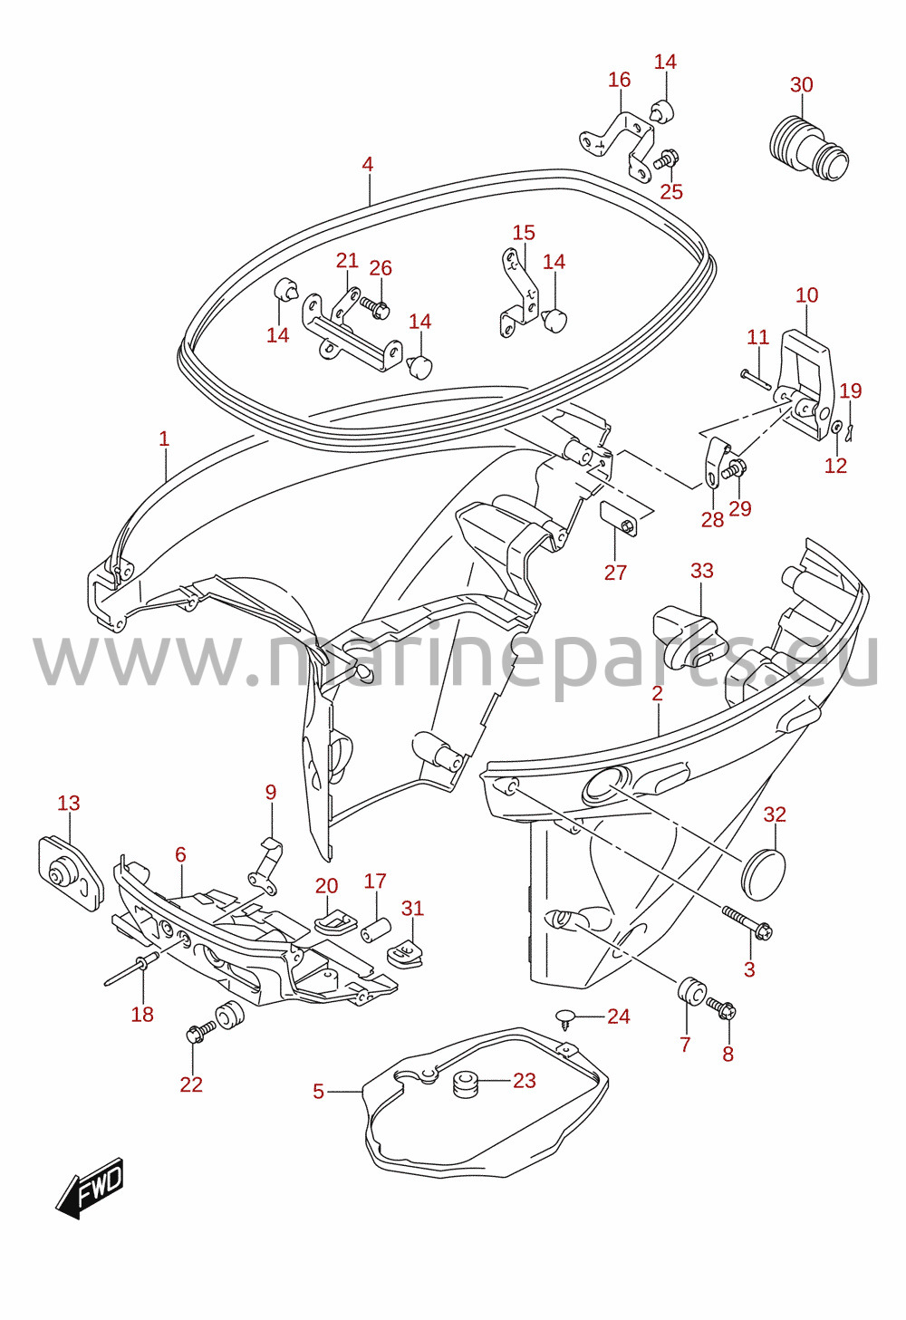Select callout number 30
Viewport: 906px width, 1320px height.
pyautogui.click(x=801, y=85)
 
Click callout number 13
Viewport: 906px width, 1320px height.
pyautogui.click(x=68, y=803)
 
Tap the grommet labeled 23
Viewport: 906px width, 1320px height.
pyautogui.click(x=466, y=1080)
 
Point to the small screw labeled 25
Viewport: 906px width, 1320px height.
pyautogui.click(x=667, y=158)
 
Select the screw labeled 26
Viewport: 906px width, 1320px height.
pyautogui.click(x=373, y=306)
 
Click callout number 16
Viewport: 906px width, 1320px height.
pyautogui.click(x=619, y=80)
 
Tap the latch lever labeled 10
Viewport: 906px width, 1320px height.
pyautogui.click(x=805, y=383)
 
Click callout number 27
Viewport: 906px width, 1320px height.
pyautogui.click(x=615, y=572)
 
